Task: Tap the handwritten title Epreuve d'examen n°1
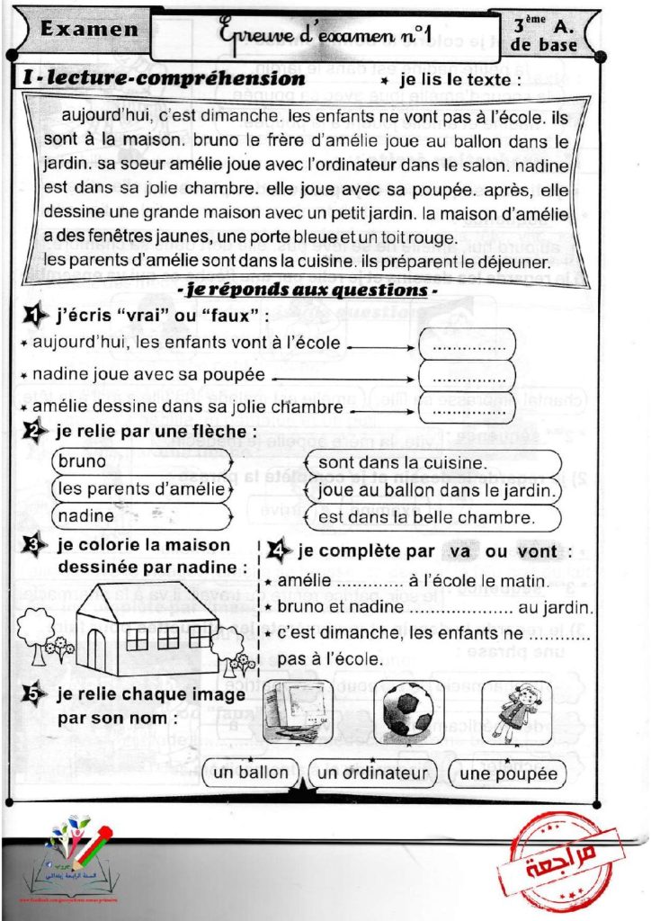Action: [325, 34]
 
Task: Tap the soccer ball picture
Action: [408, 709]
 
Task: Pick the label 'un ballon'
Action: [252, 773]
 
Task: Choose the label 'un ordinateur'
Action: [372, 773]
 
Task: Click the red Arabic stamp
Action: [560, 864]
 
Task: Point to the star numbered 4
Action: [280, 550]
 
